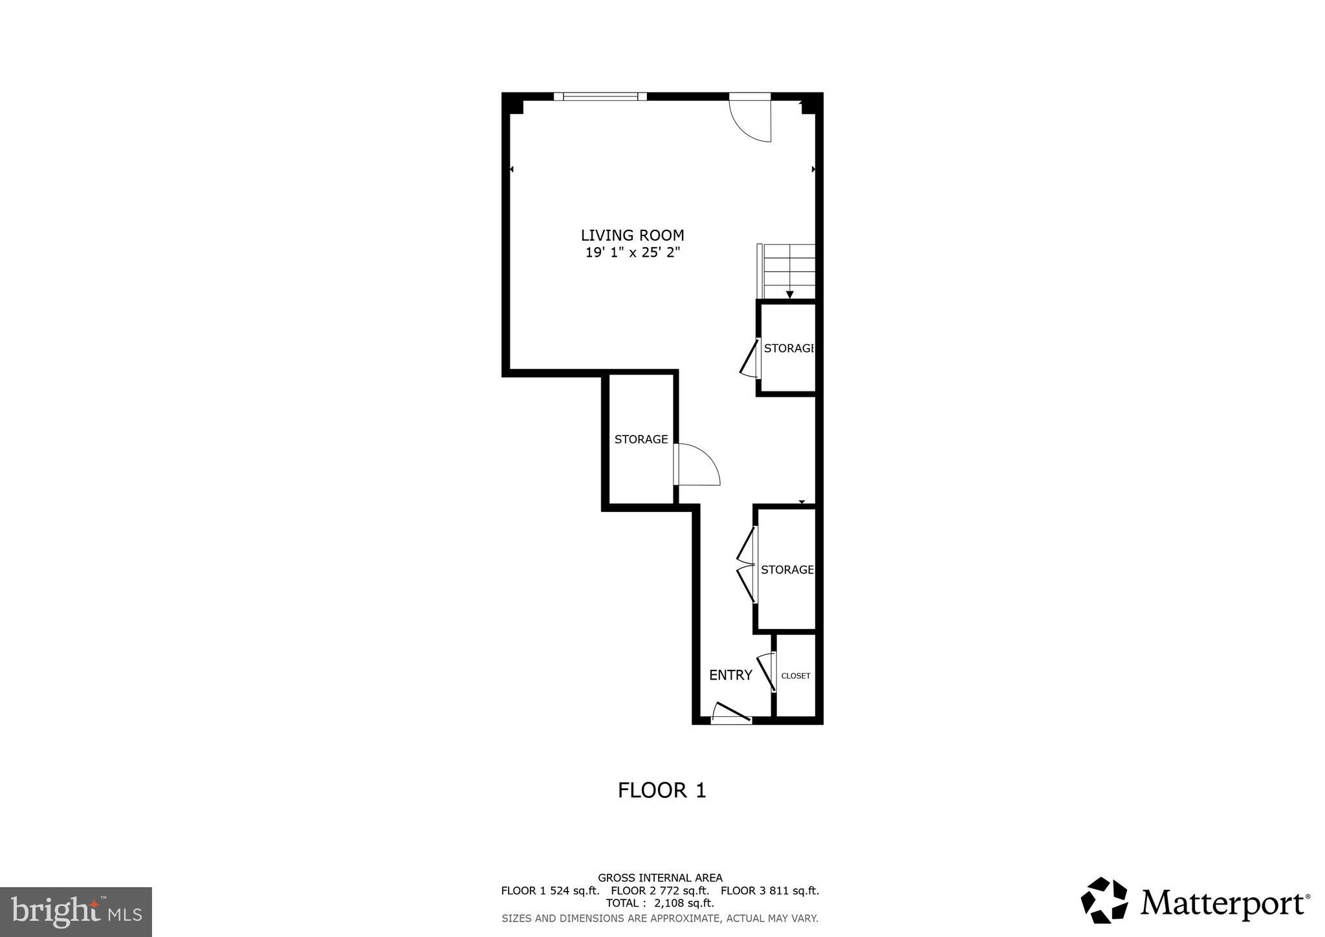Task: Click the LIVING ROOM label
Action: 632,236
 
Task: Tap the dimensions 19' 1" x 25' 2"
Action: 632,253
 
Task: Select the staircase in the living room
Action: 788,270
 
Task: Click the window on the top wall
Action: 600,97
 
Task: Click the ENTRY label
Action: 730,676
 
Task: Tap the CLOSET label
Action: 795,676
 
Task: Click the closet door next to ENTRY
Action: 767,672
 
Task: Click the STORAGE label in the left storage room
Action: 641,439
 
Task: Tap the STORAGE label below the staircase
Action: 788,348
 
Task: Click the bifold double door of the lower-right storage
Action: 747,565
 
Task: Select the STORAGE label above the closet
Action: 787,570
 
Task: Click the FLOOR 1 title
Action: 662,791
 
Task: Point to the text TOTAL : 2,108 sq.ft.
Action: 660,903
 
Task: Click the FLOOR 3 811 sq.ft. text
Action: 770,890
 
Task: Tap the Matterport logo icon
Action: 1104,900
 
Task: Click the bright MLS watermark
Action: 76,912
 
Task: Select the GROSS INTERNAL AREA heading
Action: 660,878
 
